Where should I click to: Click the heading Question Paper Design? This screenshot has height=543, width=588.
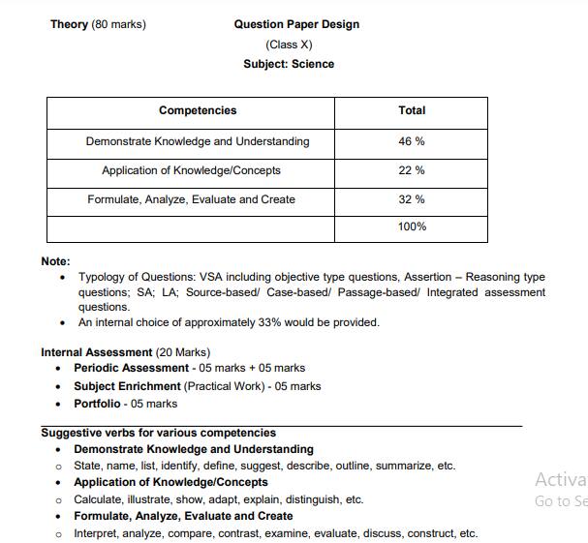pos(295,24)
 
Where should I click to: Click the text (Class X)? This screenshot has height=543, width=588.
pos(289,45)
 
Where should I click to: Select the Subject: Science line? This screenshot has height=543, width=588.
pos(289,64)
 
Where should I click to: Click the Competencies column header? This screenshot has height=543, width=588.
pos(198,111)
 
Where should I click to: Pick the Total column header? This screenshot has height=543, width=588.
pos(412,111)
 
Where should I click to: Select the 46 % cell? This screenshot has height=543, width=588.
pos(412,141)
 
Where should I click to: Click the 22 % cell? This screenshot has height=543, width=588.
pos(412,170)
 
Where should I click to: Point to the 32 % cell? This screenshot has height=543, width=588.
pos(412,199)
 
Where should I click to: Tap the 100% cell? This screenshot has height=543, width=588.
pos(412,226)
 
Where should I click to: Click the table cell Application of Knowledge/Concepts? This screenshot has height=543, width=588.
pos(191,170)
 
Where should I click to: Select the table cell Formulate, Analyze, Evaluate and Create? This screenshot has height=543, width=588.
pos(191,199)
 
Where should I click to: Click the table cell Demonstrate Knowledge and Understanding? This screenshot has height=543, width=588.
pos(198,141)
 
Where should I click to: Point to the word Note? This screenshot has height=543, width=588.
pos(55,261)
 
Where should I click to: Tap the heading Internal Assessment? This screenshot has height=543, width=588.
pos(96,352)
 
